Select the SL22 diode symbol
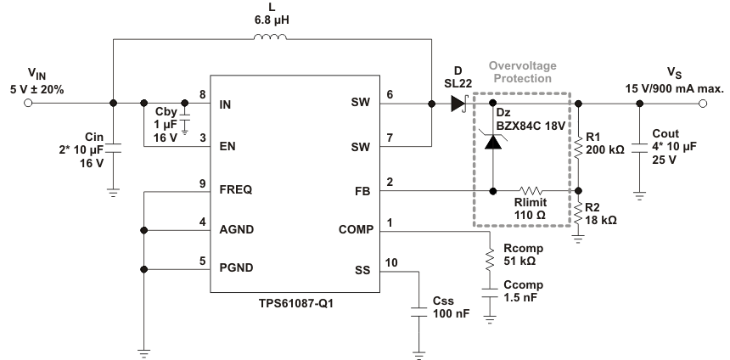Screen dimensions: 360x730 pyautogui.click(x=459, y=104)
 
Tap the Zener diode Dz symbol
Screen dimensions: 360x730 pyautogui.click(x=492, y=142)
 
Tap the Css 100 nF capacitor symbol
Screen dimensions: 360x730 pyautogui.click(x=418, y=311)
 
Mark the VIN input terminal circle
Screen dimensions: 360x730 pyautogui.click(x=28, y=104)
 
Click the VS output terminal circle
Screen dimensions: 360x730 pyautogui.click(x=702, y=104)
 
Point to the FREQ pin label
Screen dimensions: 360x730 pyautogui.click(x=236, y=192)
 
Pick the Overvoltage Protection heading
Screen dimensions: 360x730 pyautogui.click(x=519, y=72)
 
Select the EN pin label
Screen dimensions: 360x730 pyautogui.click(x=227, y=147)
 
